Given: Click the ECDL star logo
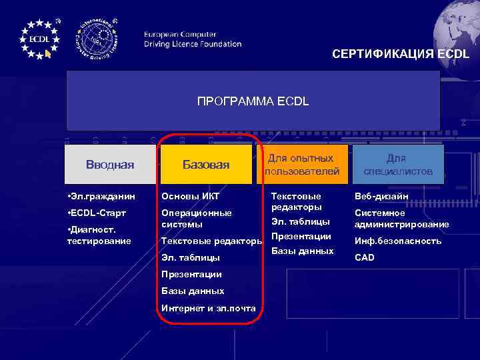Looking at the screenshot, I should tap(39, 38).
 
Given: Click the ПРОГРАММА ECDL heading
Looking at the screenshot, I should tap(253, 101).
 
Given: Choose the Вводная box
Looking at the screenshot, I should tap(110, 165).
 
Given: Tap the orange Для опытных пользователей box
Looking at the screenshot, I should tap(302, 165).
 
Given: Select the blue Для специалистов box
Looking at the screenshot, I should tap(398, 165).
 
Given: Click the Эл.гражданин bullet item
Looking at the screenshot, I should tap(101, 197).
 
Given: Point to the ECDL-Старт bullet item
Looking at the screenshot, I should tap(99, 213).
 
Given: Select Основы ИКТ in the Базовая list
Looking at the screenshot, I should tap(190, 197).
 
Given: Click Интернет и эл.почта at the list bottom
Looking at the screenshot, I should tap(208, 307).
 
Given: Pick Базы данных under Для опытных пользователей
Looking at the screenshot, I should tap(303, 251).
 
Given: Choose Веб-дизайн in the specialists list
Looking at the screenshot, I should tap(381, 197).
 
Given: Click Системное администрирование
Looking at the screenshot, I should tap(401, 219).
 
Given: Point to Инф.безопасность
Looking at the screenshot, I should tap(397, 241).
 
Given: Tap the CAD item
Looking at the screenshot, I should tap(365, 257).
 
